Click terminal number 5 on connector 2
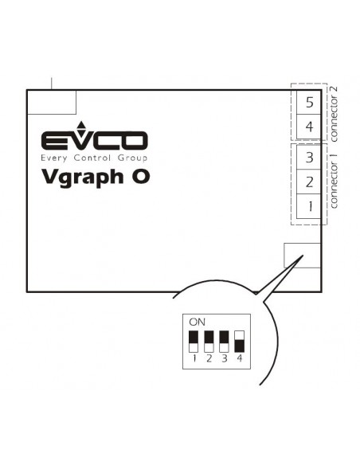click(x=309, y=102)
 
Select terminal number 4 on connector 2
click(x=309, y=127)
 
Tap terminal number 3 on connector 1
click(x=309, y=157)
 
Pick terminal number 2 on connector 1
click(x=309, y=182)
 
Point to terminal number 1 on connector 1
click(x=309, y=206)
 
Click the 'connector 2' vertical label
click(x=333, y=114)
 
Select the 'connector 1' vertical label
click(x=333, y=181)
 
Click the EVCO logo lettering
click(x=94, y=140)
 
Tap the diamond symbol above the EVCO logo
click(x=80, y=127)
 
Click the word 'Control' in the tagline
click(x=92, y=158)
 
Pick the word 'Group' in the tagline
click(x=132, y=158)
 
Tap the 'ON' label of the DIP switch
click(x=197, y=322)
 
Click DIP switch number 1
click(x=194, y=342)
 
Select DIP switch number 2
click(x=209, y=342)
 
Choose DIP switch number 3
click(x=224, y=342)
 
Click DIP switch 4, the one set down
click(x=239, y=342)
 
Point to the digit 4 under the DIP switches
click(x=240, y=358)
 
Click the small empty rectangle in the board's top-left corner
click(x=52, y=102)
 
